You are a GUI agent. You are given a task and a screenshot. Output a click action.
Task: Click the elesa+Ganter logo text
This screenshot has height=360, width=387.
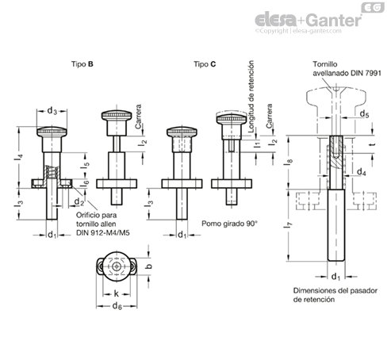click(x=308, y=20)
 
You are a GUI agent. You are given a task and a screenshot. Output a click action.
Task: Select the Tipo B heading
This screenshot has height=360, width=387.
click(x=82, y=64)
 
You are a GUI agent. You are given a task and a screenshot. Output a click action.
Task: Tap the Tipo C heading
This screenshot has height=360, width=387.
click(x=205, y=64)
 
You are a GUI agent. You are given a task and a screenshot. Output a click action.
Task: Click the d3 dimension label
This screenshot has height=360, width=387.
click(x=52, y=111)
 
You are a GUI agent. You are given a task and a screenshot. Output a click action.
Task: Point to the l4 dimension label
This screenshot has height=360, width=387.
click(x=19, y=157)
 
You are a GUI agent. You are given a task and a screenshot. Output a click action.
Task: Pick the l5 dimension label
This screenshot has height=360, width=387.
click(x=85, y=165)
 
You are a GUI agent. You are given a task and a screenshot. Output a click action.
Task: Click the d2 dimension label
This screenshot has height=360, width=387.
click(x=79, y=202)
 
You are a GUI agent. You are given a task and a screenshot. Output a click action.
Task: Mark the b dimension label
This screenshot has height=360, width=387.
click(x=149, y=266)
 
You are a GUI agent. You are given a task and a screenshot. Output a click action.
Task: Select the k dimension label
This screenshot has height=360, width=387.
click(x=116, y=293)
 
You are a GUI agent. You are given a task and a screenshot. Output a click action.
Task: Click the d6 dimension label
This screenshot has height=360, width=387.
click(x=117, y=306)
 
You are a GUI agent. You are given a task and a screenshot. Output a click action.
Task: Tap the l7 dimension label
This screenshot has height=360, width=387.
click(x=290, y=225)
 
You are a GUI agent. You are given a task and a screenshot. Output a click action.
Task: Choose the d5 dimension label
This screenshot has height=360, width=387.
click(x=365, y=113)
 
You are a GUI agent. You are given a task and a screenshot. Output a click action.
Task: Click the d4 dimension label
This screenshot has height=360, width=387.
click(x=362, y=172)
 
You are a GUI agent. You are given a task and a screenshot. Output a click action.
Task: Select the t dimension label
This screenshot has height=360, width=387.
click(x=373, y=144)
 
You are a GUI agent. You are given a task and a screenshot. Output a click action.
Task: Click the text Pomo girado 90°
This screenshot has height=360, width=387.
click(x=229, y=224)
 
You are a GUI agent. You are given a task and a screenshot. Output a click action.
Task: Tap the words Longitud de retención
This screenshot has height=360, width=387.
click(x=251, y=97)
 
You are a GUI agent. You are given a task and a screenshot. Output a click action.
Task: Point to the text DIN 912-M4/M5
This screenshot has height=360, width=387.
click(x=103, y=233)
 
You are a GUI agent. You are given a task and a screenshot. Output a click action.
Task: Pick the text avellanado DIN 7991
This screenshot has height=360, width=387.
click(x=347, y=73)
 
